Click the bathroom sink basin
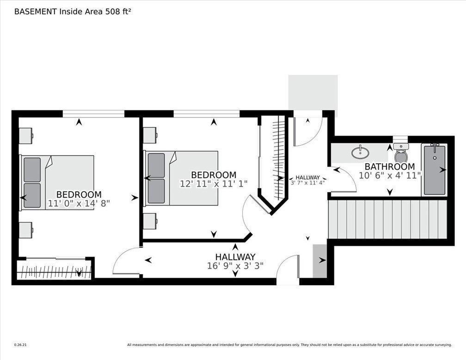[360, 153]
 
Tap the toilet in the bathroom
[401, 153]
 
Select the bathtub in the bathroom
[434, 170]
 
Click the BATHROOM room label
[389, 166]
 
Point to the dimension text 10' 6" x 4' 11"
[390, 175]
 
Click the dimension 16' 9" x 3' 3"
[235, 266]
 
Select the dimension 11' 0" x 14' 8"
[79, 204]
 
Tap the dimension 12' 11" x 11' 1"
[214, 184]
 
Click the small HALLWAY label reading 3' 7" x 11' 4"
[307, 183]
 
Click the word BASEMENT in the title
[35, 12]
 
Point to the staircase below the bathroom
[387, 219]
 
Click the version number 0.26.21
[20, 345]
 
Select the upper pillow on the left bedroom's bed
[32, 169]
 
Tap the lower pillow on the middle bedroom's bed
[156, 191]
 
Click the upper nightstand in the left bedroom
[25, 136]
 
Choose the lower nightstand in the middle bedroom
[150, 221]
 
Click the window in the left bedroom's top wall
[93, 114]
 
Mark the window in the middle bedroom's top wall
[207, 114]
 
